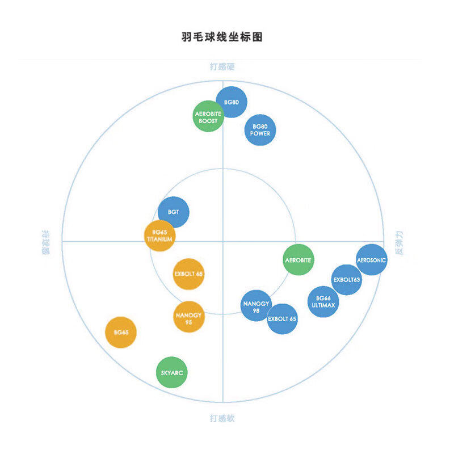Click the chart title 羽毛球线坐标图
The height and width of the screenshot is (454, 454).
coord(222,37)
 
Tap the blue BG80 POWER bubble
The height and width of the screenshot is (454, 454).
coord(260,130)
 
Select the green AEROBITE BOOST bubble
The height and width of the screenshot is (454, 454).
coord(208,117)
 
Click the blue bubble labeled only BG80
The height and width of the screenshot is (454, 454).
coord(232,102)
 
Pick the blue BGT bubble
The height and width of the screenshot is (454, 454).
coord(173,212)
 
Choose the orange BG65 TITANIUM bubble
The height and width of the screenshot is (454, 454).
coord(159,236)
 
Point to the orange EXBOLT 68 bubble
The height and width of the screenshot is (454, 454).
coord(188,274)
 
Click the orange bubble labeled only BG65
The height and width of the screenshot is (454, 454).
coord(121,332)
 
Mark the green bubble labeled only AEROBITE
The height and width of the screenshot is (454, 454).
coord(298,260)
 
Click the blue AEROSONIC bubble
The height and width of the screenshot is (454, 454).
coord(372,260)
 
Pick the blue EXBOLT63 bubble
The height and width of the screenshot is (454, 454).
coord(347,280)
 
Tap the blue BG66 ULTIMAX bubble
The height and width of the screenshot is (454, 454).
coord(323,301)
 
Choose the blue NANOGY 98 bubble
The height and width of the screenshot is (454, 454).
coord(256,306)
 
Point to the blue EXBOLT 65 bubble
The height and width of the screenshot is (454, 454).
coord(282,319)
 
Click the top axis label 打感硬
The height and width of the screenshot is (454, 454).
coord(222,67)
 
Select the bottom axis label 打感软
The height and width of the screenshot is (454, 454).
coord(222,419)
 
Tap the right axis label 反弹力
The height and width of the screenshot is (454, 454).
coord(400,242)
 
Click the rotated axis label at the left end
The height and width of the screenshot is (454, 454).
coord(45,242)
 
